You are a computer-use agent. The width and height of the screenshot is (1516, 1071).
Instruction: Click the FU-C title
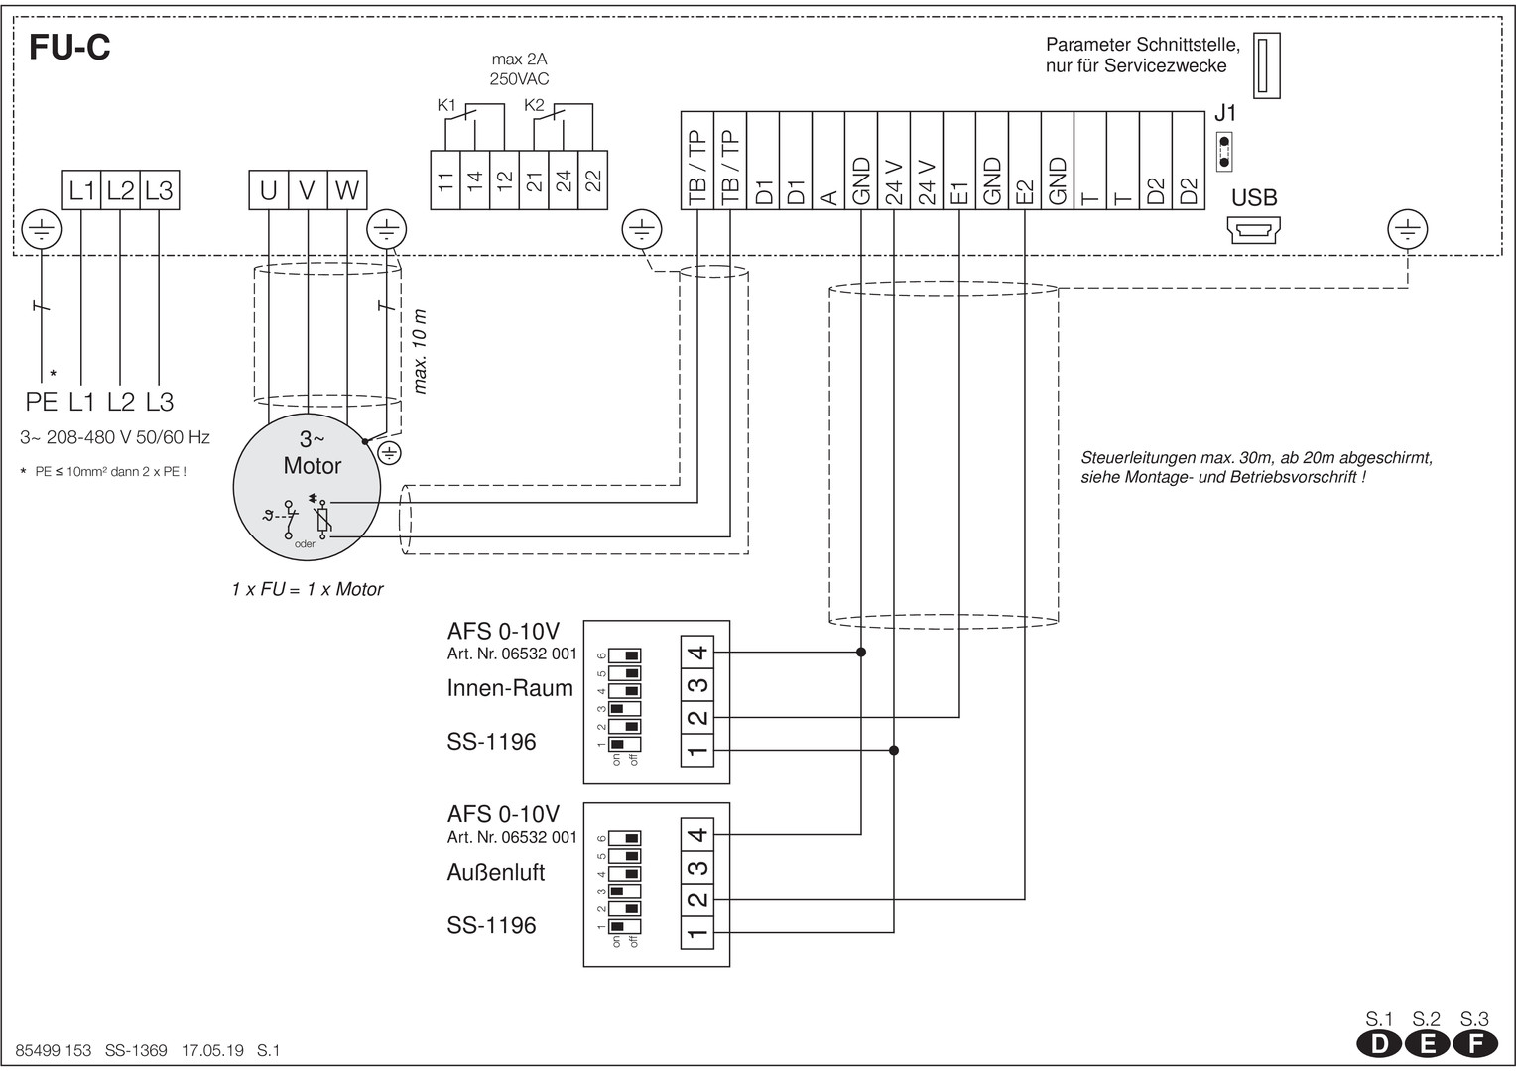click(x=69, y=48)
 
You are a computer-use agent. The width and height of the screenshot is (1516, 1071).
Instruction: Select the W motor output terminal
click(x=347, y=190)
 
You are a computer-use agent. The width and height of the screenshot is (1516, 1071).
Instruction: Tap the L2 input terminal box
click(x=120, y=190)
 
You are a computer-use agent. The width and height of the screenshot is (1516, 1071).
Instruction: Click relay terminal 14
click(x=475, y=179)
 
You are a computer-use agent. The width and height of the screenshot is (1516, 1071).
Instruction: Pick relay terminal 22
click(x=593, y=179)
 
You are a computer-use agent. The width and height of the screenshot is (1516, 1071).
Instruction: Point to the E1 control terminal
click(x=959, y=161)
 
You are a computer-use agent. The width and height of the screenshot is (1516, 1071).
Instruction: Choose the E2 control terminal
click(x=1025, y=161)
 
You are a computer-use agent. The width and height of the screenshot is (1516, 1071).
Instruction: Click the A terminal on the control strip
click(x=828, y=161)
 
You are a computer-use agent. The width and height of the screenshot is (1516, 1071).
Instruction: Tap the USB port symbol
click(x=1253, y=230)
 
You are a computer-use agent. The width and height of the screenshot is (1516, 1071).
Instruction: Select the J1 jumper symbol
click(x=1223, y=152)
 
